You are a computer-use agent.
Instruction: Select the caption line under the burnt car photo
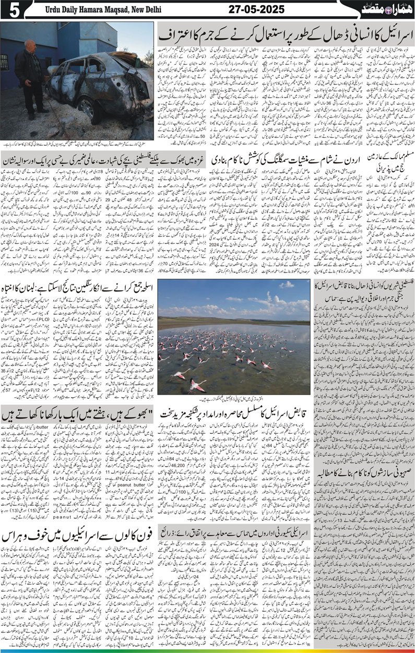(78, 144)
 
